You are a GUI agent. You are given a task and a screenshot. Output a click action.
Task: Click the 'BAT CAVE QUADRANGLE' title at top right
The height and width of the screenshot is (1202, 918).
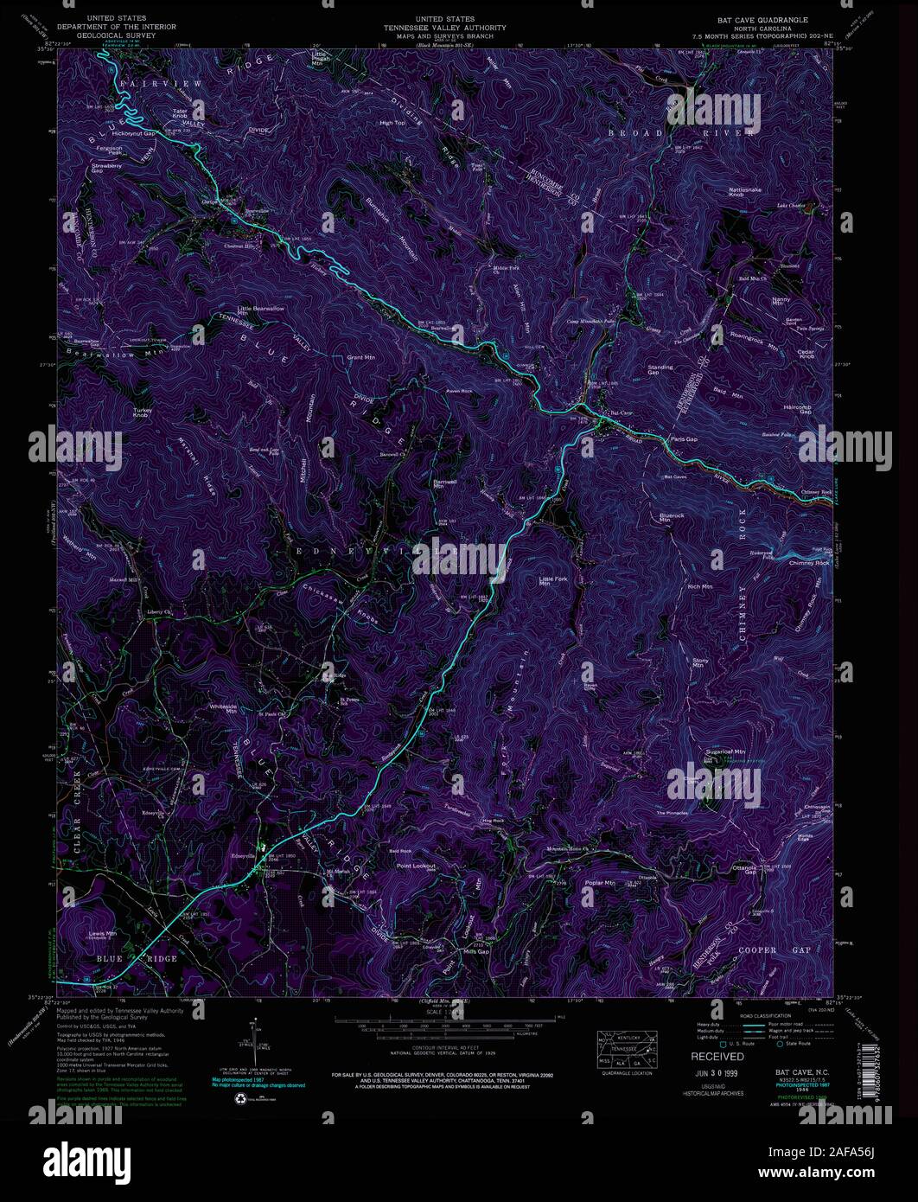tap(766, 18)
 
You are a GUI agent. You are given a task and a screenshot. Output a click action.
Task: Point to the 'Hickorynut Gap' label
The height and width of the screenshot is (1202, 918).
tap(132, 134)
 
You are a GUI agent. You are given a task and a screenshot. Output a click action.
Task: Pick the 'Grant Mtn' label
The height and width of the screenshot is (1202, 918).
tap(360, 356)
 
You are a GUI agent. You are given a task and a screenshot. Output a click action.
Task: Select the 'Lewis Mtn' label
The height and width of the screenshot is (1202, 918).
tap(101, 934)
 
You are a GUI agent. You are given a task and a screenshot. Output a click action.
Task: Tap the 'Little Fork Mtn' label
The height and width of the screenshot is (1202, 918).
tap(550, 581)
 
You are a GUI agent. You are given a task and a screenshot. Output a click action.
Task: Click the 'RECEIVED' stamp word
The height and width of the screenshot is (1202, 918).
tap(717, 1057)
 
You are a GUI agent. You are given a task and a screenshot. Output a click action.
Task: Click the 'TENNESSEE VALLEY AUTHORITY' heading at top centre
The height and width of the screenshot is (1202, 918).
tap(445, 27)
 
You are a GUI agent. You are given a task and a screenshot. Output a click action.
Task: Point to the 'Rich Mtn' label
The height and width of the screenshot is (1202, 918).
tap(700, 586)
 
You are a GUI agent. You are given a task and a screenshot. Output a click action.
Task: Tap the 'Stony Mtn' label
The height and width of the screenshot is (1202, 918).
tap(700, 663)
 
